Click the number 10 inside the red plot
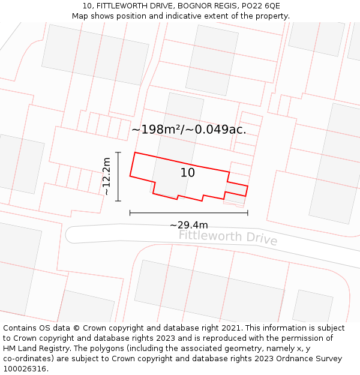click(x=188, y=173)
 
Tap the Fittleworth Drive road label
click(x=228, y=236)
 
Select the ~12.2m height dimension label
click(x=106, y=176)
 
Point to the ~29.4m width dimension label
click(x=189, y=225)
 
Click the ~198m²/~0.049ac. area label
click(x=188, y=129)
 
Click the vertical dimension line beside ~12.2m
click(x=118, y=176)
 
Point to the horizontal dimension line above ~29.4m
click(x=188, y=212)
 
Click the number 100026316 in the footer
click(x=26, y=369)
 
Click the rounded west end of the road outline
click(x=67, y=234)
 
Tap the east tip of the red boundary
click(x=247, y=187)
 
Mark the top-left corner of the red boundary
click(x=134, y=152)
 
